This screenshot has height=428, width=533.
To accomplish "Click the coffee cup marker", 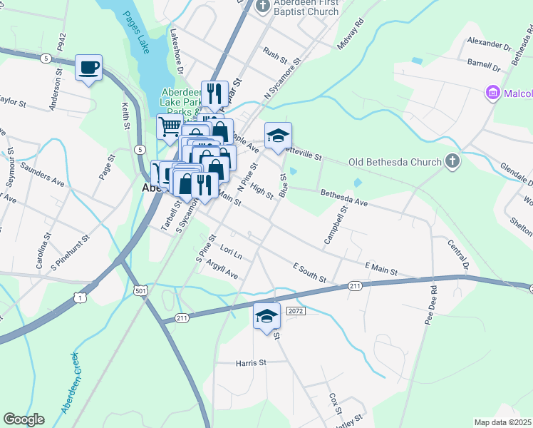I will point(89,68).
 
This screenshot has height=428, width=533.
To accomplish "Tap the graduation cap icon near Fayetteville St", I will point(278,136).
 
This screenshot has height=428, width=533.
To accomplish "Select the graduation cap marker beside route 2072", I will point(266,316).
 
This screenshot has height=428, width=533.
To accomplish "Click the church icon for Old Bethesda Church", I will point(452,162).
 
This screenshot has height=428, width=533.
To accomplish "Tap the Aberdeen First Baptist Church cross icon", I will point(263,6).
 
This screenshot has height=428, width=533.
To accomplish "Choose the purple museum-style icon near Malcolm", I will point(492,93).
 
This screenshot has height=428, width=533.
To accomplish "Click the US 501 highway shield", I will point(140,290).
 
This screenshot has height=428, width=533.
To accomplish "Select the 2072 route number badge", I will point(296,312).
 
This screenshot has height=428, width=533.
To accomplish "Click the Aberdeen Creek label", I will point(75,382).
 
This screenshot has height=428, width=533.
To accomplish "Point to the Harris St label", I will point(250,362).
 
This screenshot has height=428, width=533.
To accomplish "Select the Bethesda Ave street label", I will point(343,198).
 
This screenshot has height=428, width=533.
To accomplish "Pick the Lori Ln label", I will point(232,253).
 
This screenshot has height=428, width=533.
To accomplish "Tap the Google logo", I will point(24,419).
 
